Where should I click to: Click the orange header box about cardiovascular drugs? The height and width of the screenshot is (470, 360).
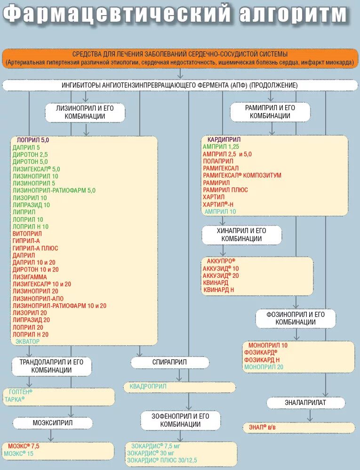180,58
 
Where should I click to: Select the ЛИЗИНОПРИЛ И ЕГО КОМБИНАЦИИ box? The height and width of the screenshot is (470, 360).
85,112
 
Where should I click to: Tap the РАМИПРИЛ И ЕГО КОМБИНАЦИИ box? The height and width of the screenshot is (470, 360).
270,112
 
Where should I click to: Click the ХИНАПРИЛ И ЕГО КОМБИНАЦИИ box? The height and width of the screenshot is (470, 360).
241,235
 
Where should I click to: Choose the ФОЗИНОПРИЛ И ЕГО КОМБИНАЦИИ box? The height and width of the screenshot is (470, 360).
296,318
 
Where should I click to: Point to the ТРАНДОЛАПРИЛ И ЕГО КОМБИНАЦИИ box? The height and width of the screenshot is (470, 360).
51,366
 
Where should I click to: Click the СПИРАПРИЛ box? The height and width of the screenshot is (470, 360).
169,362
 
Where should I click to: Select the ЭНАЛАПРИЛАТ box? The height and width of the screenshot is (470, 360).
305,403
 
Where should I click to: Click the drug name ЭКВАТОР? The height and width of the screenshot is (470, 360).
28,341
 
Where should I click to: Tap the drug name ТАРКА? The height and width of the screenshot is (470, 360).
15,399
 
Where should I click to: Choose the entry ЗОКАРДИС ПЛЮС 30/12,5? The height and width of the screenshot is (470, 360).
162,460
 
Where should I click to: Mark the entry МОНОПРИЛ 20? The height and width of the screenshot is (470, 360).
264,366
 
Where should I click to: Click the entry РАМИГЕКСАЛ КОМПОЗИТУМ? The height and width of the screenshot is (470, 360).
242,175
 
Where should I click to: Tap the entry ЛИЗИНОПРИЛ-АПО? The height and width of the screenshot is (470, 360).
38,299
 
